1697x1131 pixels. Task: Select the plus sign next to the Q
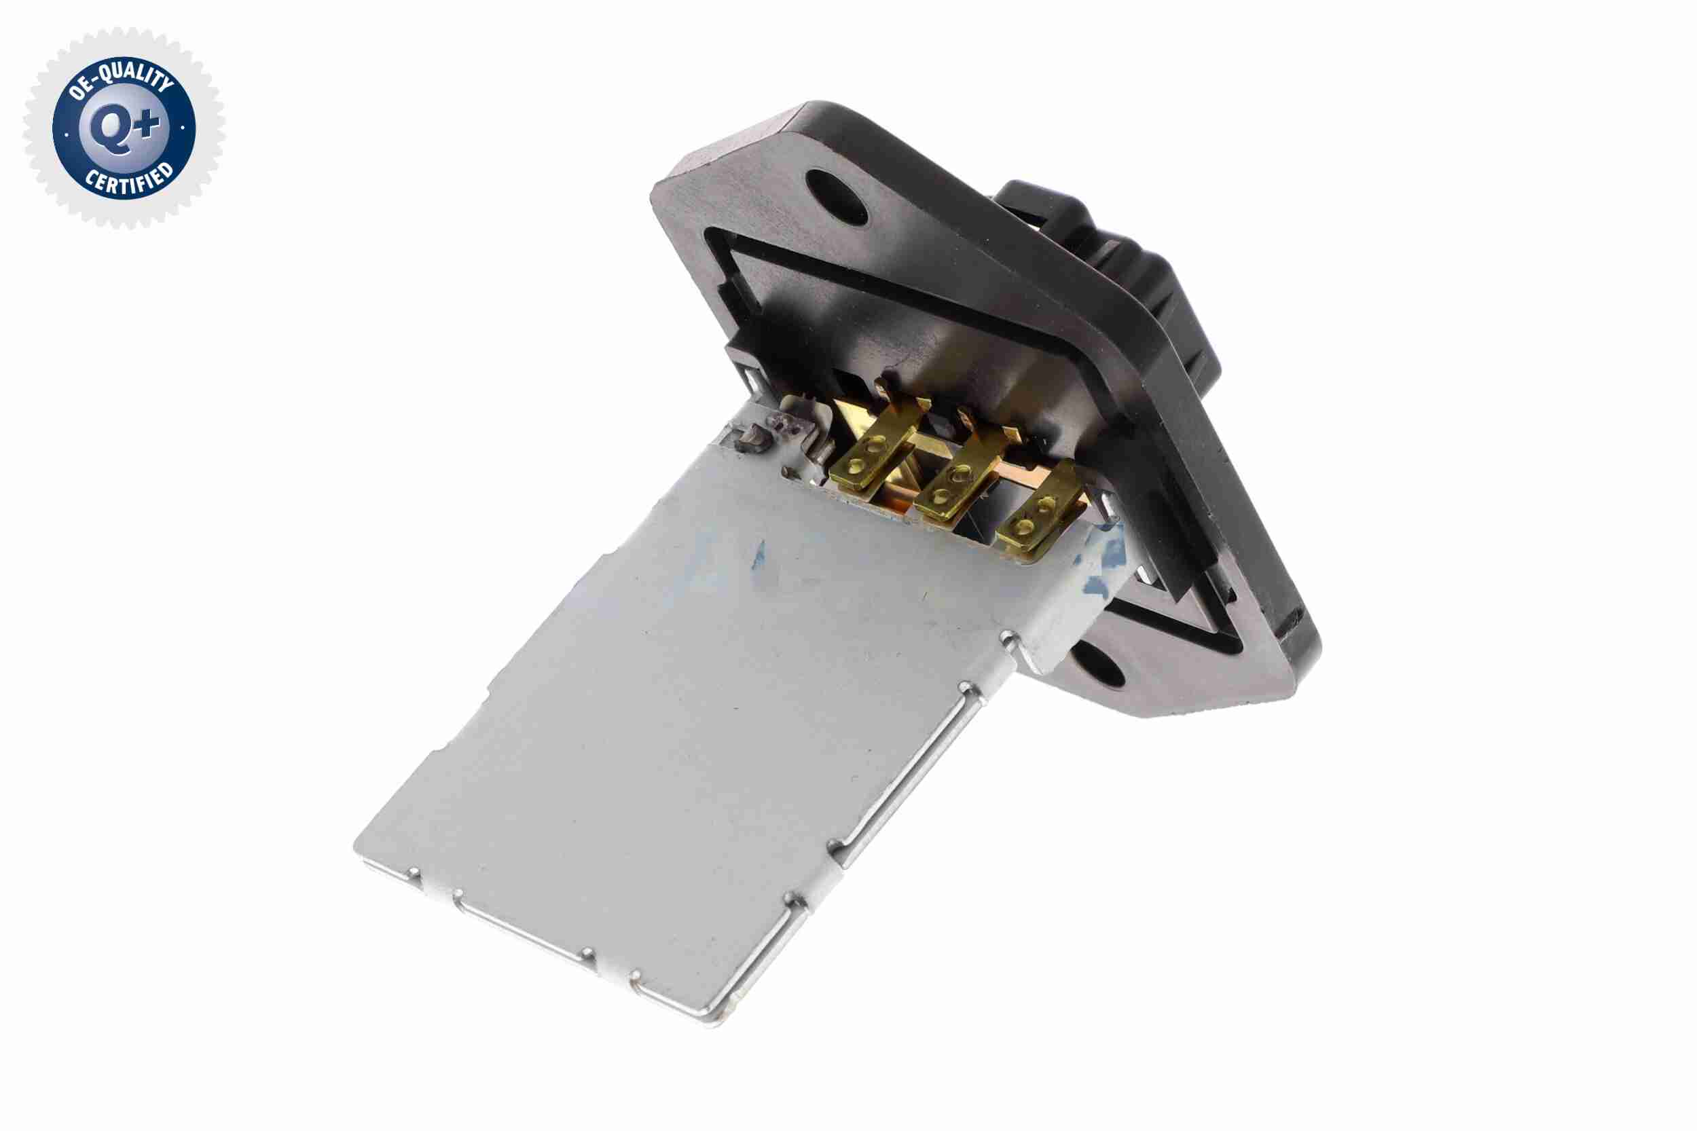click(149, 124)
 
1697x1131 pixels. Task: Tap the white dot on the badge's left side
click(66, 134)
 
